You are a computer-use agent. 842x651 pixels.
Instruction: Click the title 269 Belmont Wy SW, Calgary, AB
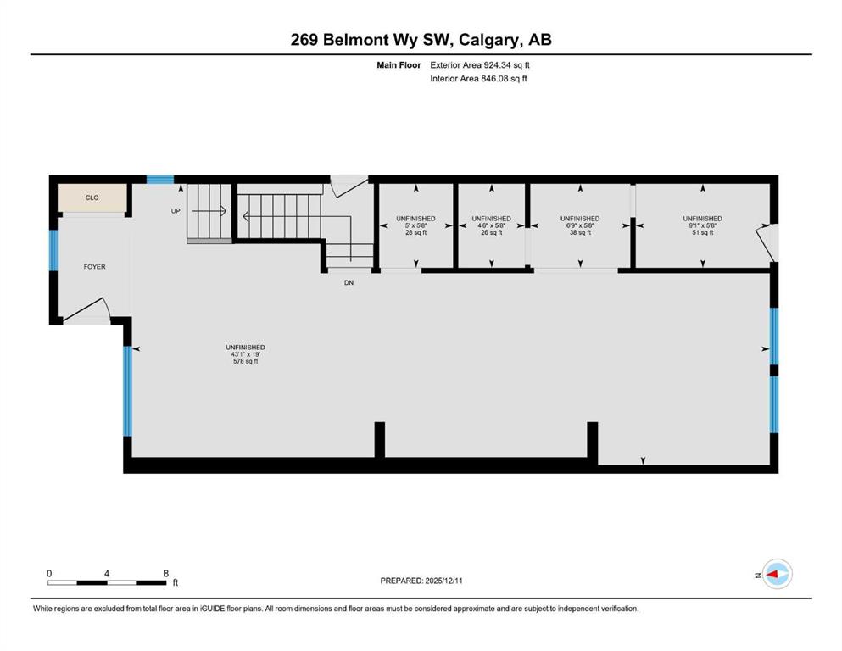[x=421, y=40]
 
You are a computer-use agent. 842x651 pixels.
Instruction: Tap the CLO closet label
[x=92, y=198]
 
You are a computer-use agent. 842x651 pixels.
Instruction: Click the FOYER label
[x=94, y=267]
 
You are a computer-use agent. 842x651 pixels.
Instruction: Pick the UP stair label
[x=176, y=211]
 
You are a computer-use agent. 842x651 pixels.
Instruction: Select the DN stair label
[x=348, y=282]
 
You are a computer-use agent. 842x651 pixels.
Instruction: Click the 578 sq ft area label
[x=245, y=362]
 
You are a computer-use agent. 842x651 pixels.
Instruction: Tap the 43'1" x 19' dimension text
[x=245, y=354]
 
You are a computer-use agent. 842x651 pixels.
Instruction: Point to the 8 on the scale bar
[x=165, y=573]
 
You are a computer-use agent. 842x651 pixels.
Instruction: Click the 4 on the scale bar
[x=107, y=573]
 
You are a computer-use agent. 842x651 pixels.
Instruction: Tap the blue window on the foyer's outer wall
[x=54, y=250]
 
